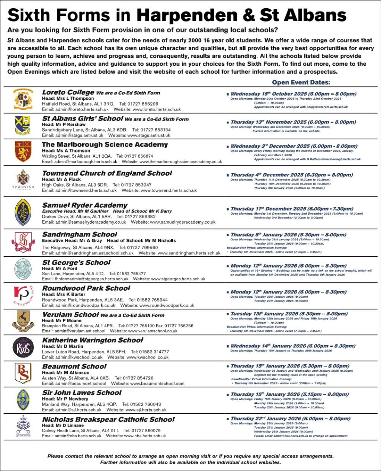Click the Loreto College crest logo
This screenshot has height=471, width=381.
tap(23, 99)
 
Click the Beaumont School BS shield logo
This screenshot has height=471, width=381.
tap(23, 374)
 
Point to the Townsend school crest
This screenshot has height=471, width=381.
tap(23, 179)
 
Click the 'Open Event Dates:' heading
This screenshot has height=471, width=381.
tap(301, 83)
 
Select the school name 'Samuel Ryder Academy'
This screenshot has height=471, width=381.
tap(85, 205)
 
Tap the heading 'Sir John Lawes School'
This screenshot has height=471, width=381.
tap(82, 392)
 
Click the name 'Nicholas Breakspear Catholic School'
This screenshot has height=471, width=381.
tap(108, 419)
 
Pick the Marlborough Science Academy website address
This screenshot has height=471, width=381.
tap(172, 162)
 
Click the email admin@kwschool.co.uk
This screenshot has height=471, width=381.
tap(72, 357)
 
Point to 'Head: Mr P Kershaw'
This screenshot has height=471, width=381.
tap(64, 125)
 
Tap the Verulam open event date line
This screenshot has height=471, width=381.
tap(289, 314)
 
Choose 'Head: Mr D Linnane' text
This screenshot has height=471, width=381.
tap(63, 425)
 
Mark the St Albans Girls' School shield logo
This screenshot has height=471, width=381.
tap(23, 125)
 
